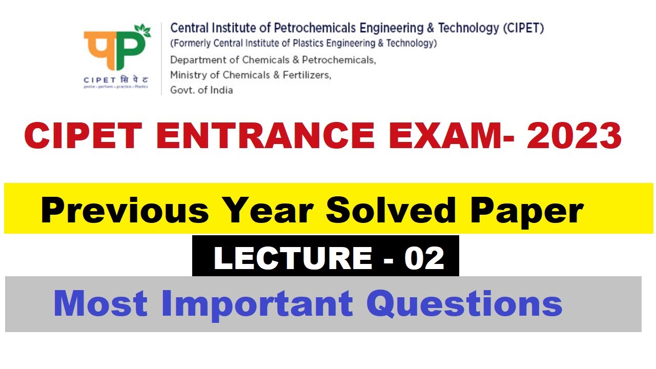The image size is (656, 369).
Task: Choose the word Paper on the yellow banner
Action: (527, 210)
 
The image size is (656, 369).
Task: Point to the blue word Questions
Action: (464, 303)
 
